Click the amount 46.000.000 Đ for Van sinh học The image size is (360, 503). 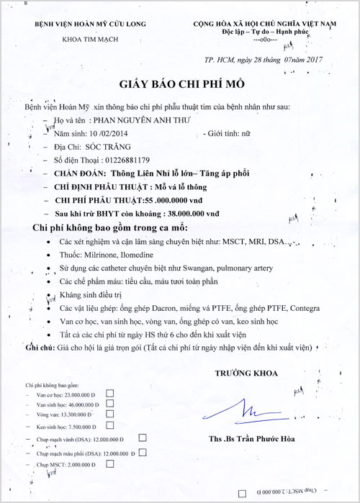tap(87, 405)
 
